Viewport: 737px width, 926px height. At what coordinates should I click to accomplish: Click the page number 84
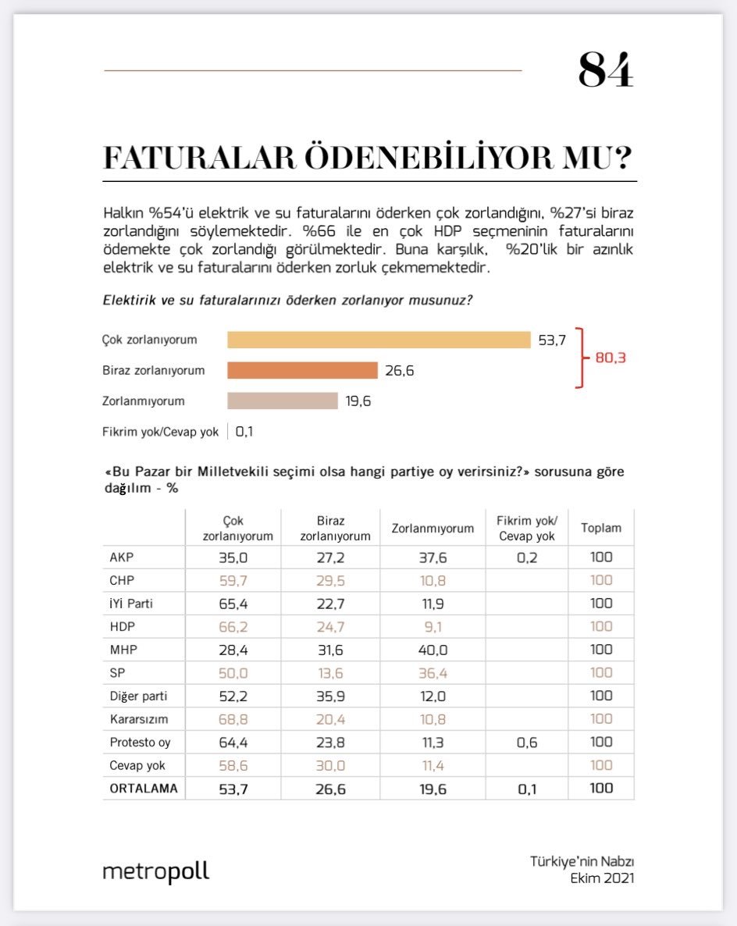pyautogui.click(x=605, y=70)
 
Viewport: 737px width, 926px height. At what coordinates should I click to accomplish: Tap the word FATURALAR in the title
pyautogui.click(x=200, y=158)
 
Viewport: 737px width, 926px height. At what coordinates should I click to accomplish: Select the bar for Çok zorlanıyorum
pyautogui.click(x=379, y=340)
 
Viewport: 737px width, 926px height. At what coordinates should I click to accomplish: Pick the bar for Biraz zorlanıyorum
pyautogui.click(x=302, y=370)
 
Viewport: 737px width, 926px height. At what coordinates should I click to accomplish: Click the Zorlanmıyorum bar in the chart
pyautogui.click(x=282, y=401)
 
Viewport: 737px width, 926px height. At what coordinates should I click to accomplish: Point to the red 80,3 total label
pyautogui.click(x=611, y=358)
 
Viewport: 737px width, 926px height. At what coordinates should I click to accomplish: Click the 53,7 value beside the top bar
pyautogui.click(x=552, y=340)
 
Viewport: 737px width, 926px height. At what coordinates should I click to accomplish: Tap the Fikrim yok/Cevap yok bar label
pyautogui.click(x=160, y=432)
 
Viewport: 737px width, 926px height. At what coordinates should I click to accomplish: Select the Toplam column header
pyautogui.click(x=601, y=528)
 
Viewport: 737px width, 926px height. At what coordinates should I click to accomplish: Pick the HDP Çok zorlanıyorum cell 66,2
pyautogui.click(x=233, y=626)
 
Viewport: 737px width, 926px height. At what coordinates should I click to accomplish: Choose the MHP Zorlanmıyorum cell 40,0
pyautogui.click(x=432, y=650)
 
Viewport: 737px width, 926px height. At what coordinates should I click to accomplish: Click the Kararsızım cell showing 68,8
pyautogui.click(x=233, y=719)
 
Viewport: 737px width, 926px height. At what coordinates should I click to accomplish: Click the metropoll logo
pyautogui.click(x=156, y=871)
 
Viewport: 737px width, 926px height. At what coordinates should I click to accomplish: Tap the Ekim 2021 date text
pyautogui.click(x=602, y=878)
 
